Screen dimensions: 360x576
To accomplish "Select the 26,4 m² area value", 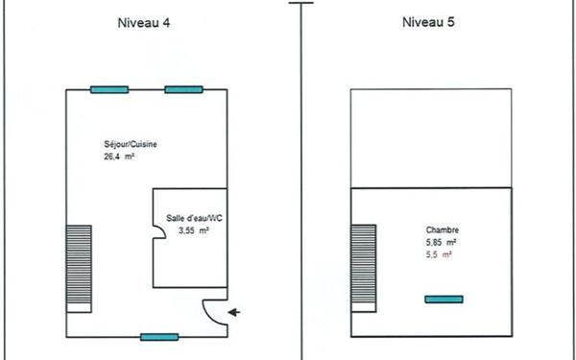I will tap(120, 156).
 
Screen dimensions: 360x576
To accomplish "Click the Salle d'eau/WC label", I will tap(193, 219).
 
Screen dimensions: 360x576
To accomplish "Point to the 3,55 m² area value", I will tap(194, 231).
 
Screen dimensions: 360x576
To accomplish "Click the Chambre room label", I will tap(442, 230).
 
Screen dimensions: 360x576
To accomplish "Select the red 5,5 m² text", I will tap(439, 255).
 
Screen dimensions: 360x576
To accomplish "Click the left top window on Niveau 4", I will tap(108, 90).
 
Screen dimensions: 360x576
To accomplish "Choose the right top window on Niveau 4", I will tap(183, 90).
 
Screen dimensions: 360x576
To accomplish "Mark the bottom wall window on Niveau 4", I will tap(159, 337).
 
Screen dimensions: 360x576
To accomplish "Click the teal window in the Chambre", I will tap(444, 300).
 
